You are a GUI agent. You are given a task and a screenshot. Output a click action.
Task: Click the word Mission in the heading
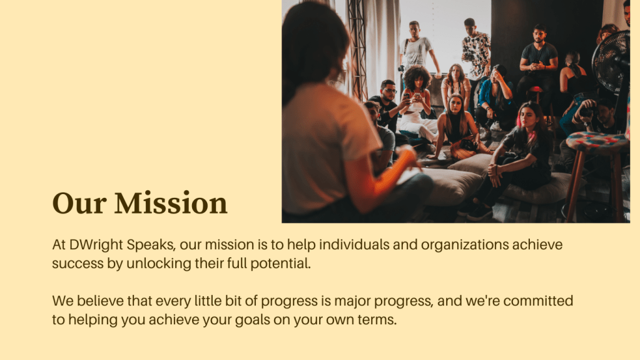tap(171, 203)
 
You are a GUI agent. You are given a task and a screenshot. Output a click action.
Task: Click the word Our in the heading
tap(79, 203)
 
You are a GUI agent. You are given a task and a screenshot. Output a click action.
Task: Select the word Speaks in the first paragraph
tap(151, 245)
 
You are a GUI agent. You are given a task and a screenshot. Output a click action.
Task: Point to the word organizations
tap(464, 245)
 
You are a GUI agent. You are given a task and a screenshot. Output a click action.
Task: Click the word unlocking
tap(159, 264)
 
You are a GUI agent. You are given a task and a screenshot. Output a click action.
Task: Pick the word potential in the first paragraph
tap(280, 264)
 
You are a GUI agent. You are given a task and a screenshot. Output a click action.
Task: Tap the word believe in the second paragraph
tap(100, 301)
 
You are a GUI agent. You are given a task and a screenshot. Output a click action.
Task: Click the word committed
tap(538, 301)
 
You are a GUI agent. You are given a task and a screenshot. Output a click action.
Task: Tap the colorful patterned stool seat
tap(597, 141)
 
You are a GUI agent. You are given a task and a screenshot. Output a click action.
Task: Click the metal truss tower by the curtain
tap(357, 49)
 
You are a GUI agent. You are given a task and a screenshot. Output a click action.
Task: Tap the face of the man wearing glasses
tap(389, 91)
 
